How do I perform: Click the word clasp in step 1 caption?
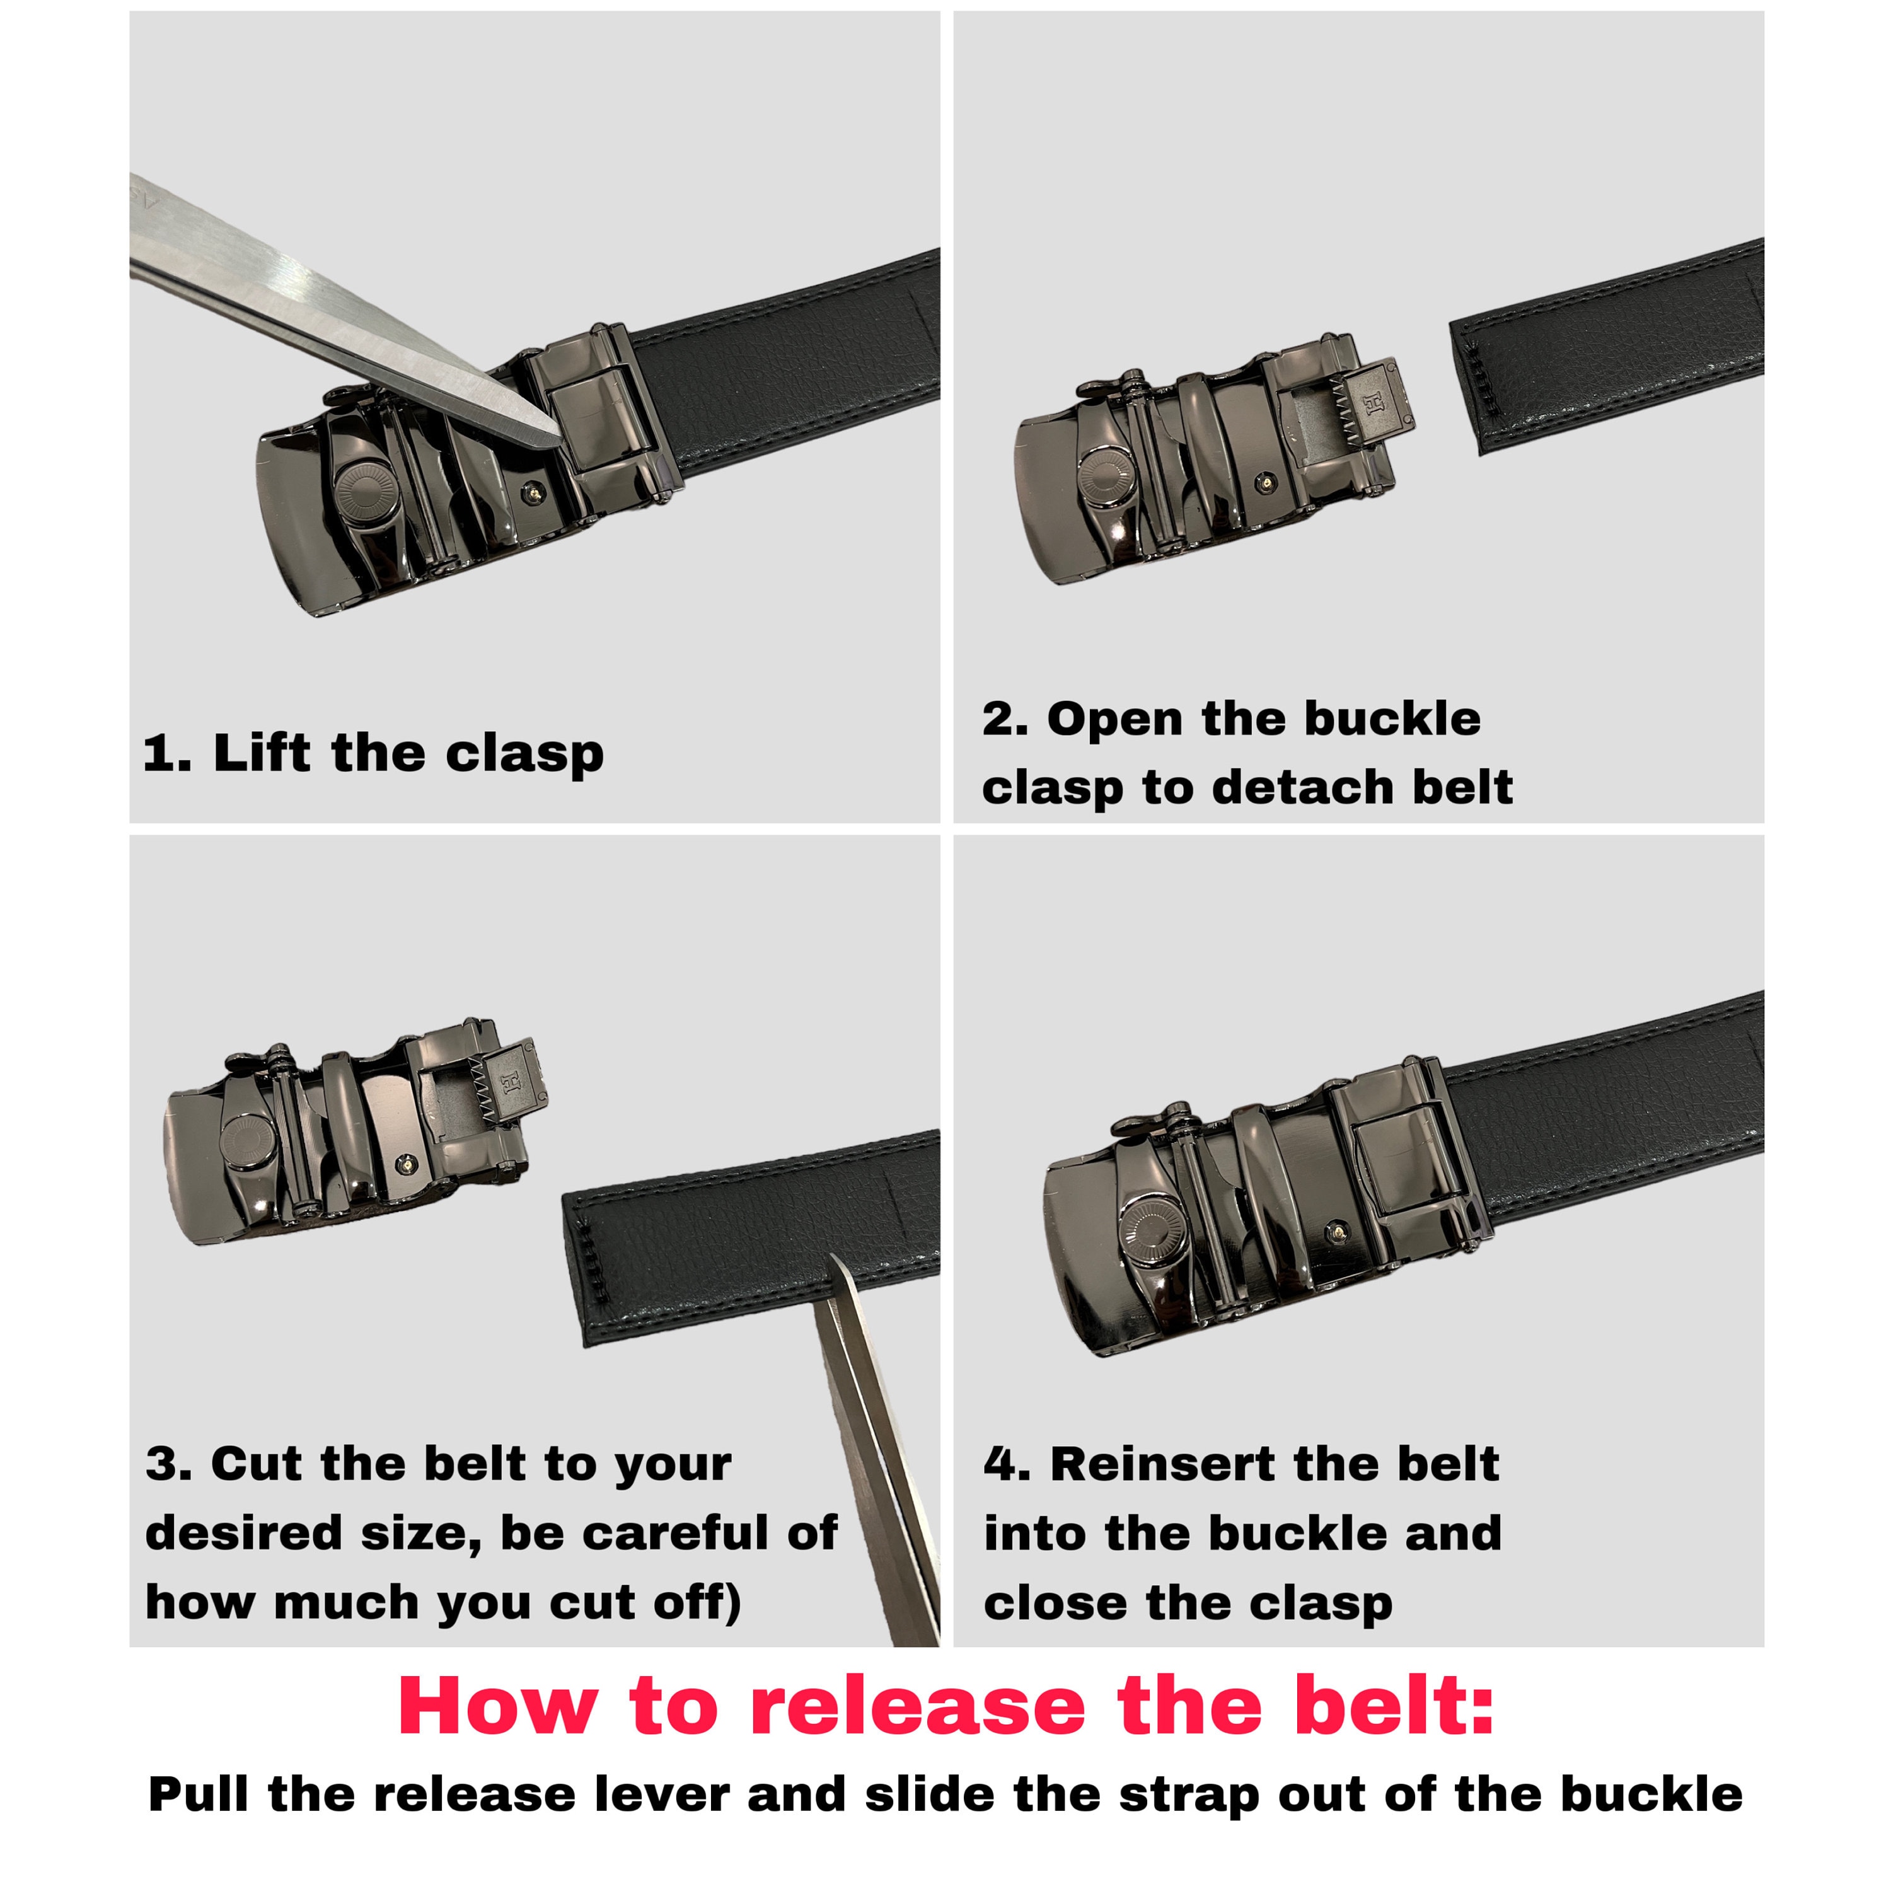tap(524, 755)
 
